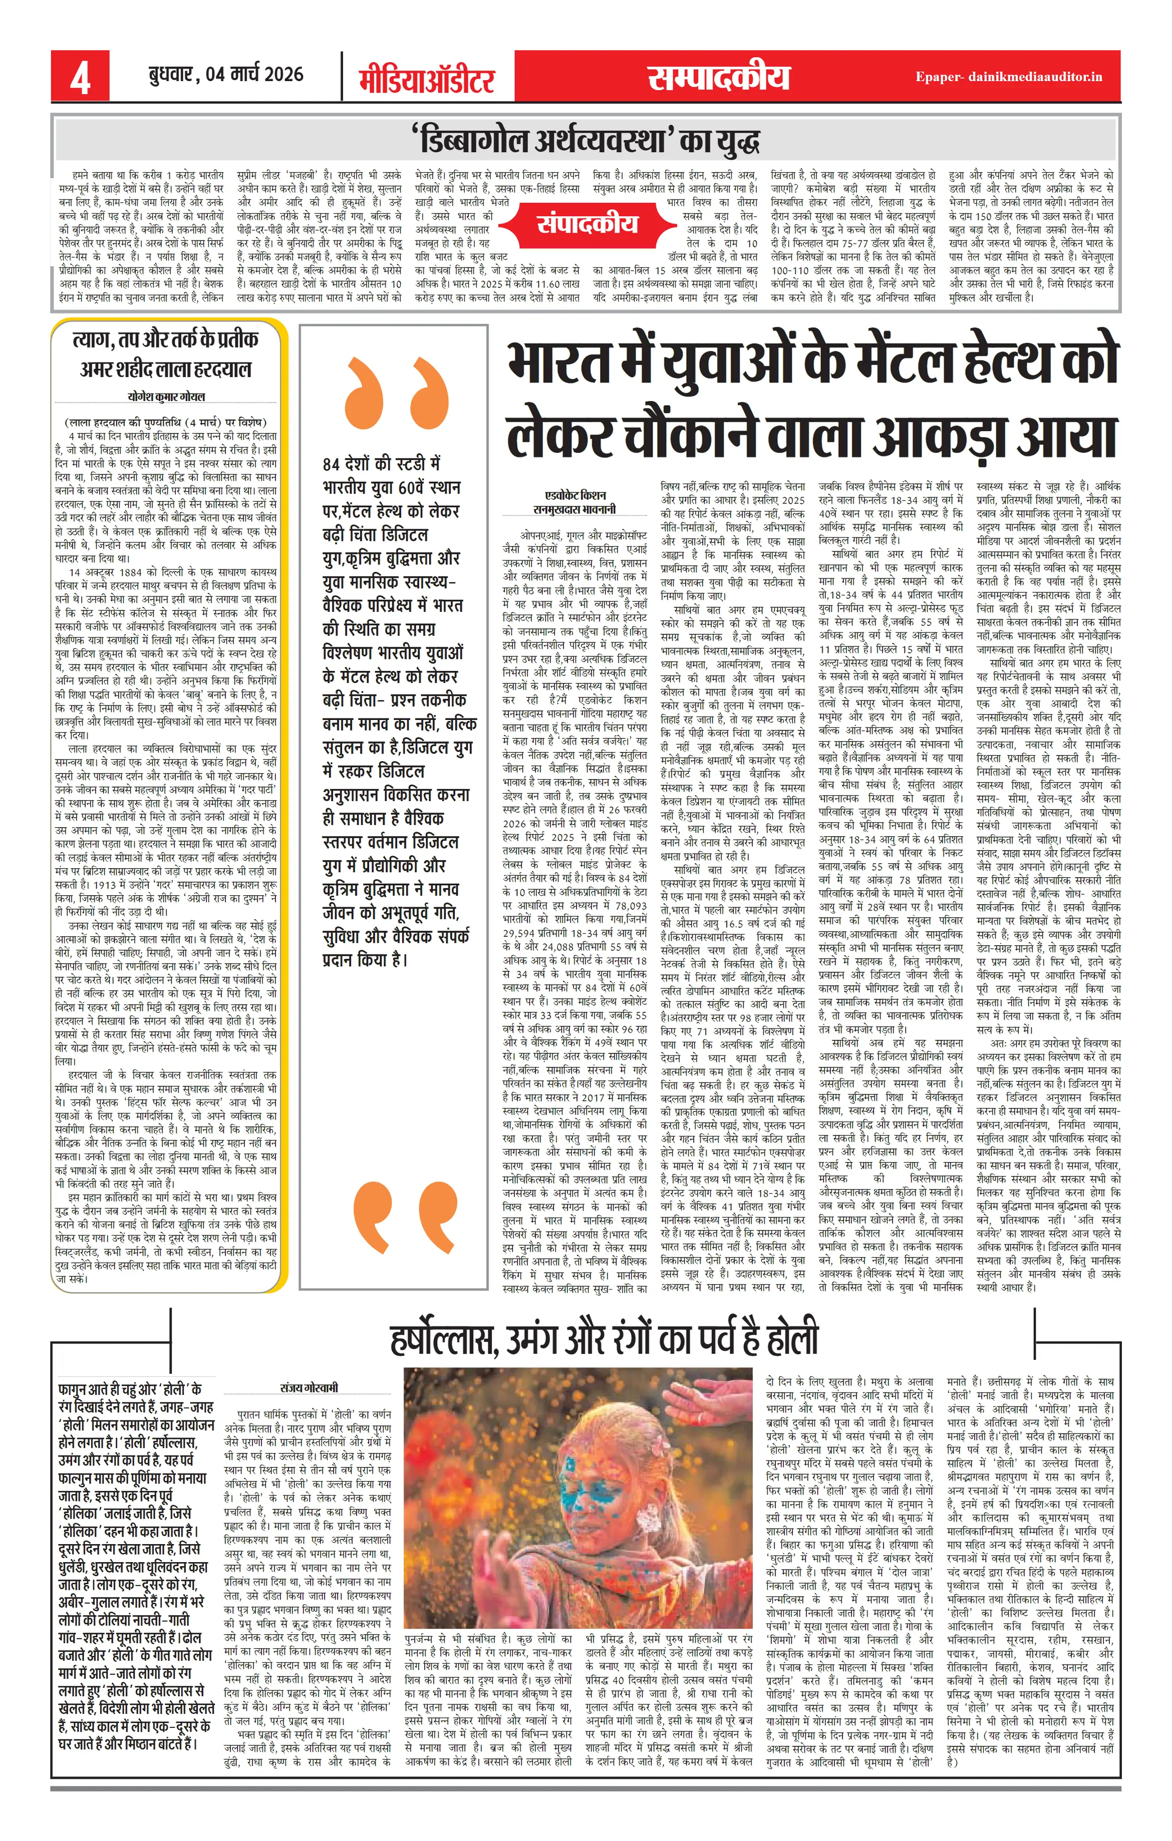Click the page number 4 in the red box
80,77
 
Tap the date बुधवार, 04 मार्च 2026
226,74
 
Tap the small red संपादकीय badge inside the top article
587,224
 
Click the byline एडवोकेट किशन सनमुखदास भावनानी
574,502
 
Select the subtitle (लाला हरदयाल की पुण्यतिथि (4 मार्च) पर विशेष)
166,422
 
